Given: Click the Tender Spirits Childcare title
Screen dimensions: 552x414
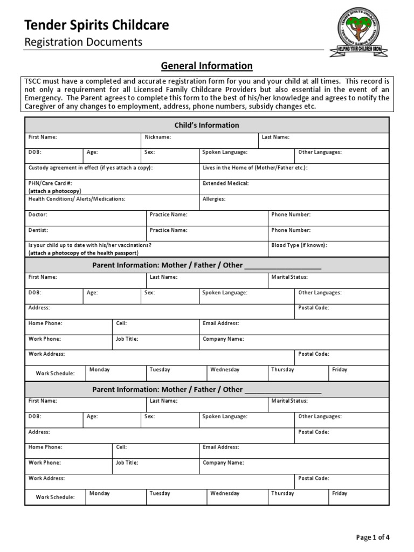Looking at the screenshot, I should pos(97,25).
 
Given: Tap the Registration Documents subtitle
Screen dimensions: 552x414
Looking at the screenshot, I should pos(84,42).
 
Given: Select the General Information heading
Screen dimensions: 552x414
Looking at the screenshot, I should pos(207,66).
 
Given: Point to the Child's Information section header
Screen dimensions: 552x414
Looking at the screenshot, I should pos(206,125).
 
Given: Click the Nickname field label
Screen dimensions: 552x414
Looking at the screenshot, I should pos(158,137).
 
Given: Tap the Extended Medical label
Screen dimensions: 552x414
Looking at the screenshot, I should pos(225,183).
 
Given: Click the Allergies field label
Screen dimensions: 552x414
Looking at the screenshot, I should pos(214,199).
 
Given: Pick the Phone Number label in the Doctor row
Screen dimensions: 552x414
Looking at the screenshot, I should pos(291,215).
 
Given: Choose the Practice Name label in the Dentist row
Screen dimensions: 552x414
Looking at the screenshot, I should pos(169,230).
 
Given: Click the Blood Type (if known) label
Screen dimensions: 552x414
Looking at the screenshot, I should pos(299,245).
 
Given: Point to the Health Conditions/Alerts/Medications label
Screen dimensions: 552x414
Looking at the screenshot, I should pos(77,199).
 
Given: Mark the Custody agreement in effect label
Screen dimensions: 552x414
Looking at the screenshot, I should pos(91,168).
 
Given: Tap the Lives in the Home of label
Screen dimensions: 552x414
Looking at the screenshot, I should pos(255,168).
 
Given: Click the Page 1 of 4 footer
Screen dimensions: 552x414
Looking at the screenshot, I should pos(373,537).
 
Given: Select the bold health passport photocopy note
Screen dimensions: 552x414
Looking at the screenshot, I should pos(84,253).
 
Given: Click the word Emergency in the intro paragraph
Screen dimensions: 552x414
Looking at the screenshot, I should pos(44,98).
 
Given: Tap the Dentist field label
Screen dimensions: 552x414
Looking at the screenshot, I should pos(38,230).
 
